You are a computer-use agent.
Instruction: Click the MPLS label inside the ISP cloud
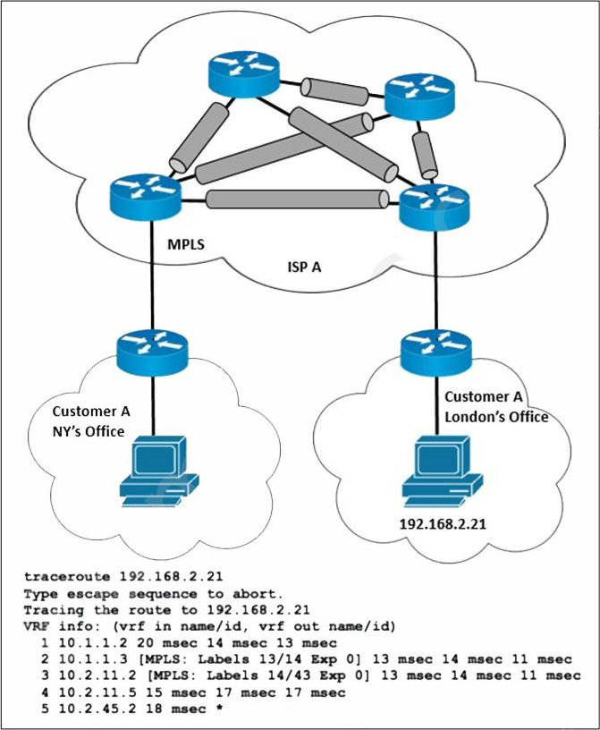point(186,244)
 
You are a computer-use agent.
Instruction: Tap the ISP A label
point(304,267)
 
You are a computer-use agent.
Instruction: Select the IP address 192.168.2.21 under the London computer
point(443,524)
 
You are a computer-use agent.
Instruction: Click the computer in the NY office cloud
point(159,471)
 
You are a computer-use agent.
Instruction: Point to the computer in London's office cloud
point(443,471)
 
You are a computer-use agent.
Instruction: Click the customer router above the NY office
point(152,352)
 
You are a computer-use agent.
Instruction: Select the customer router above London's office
point(436,352)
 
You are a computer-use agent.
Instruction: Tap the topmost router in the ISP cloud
point(244,74)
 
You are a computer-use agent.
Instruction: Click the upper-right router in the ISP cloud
point(419,97)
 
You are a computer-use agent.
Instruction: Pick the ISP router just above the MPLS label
point(146,198)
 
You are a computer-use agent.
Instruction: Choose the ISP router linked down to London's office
point(435,207)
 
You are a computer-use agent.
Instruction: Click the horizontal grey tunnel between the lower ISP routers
point(297,199)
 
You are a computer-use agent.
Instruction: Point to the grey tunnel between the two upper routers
point(334,91)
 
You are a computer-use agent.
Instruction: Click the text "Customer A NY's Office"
point(91,421)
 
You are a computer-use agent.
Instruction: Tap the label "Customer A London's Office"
point(496,406)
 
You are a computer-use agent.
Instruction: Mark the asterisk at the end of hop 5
point(218,709)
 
